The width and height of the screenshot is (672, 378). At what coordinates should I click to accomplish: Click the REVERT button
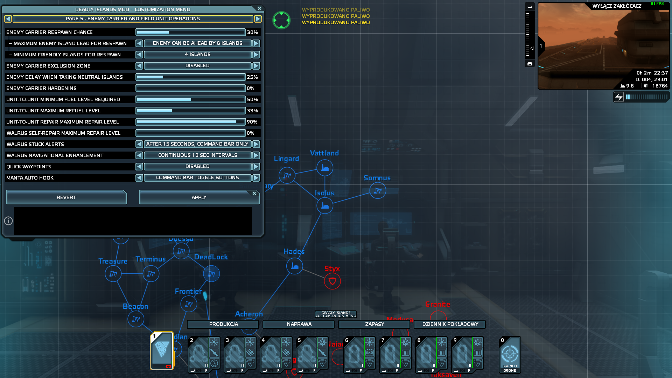pyautogui.click(x=66, y=197)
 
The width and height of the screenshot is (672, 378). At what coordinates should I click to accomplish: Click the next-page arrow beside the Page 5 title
pyautogui.click(x=258, y=19)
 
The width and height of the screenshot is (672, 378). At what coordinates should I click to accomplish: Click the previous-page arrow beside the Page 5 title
pyautogui.click(x=8, y=19)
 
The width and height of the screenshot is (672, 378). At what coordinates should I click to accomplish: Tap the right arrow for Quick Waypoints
pyautogui.click(x=256, y=167)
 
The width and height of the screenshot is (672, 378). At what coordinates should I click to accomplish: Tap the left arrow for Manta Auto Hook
pyautogui.click(x=139, y=178)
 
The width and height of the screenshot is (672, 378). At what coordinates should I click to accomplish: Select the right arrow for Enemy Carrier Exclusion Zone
pyautogui.click(x=256, y=66)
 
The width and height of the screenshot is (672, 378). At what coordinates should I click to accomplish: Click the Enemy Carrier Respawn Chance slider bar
pyautogui.click(x=191, y=32)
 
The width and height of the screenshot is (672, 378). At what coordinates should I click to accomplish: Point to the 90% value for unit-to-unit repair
pyautogui.click(x=252, y=122)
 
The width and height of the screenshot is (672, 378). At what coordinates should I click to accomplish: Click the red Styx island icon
pyautogui.click(x=332, y=281)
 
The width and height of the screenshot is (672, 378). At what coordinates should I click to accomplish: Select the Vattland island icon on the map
pyautogui.click(x=325, y=168)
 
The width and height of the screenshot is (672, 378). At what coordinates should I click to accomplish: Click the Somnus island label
pyautogui.click(x=377, y=178)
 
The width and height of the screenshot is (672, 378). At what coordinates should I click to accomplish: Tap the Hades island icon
pyautogui.click(x=295, y=266)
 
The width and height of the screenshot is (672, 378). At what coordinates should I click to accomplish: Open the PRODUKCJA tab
pyautogui.click(x=223, y=324)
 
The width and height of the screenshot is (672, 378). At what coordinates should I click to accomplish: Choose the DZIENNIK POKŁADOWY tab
pyautogui.click(x=450, y=324)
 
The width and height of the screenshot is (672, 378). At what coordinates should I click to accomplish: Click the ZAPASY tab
pyautogui.click(x=374, y=324)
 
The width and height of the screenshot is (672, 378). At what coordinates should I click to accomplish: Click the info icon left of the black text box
pyautogui.click(x=8, y=221)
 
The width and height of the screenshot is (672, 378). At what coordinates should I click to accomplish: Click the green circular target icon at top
pyautogui.click(x=281, y=20)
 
